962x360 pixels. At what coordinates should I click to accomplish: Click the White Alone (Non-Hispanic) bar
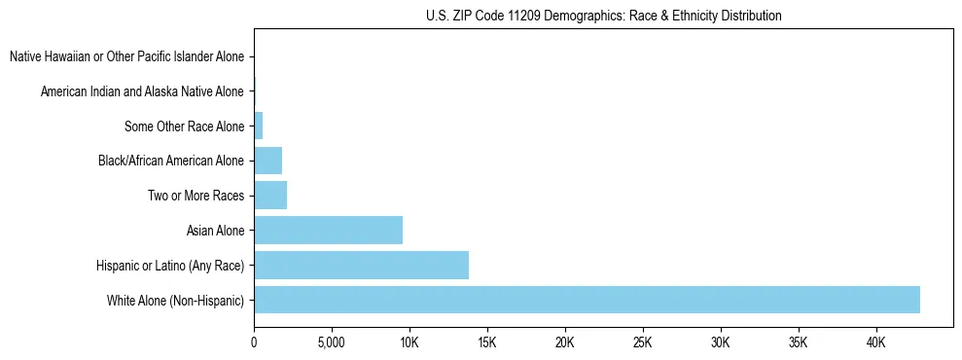587,300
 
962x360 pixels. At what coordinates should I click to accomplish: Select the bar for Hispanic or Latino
361,265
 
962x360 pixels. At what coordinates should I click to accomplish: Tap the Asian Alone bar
328,231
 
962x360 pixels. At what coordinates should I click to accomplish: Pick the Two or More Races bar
270,196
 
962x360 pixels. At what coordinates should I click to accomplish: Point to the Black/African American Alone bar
267,161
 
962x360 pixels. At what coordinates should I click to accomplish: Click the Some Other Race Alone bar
258,126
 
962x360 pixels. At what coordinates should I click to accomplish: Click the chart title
603,16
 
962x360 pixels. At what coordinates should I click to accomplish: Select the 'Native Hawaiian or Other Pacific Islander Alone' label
126,57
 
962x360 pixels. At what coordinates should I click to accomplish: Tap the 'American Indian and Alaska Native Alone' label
142,91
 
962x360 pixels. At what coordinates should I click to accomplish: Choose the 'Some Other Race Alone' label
185,126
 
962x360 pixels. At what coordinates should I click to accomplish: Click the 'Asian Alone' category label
215,231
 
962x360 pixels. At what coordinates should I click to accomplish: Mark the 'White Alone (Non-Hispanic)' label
176,300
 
